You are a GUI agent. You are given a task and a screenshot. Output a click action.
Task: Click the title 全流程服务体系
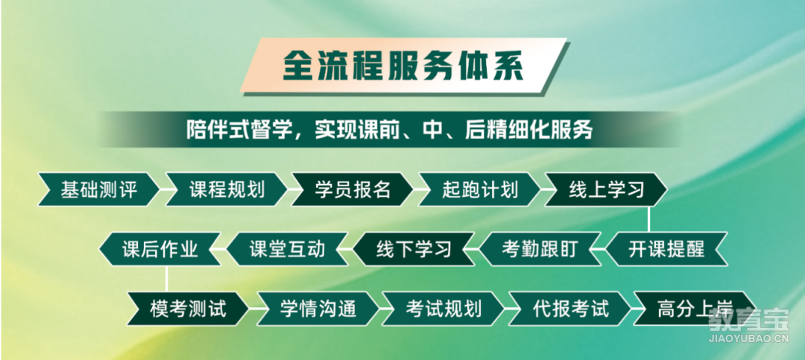(403, 66)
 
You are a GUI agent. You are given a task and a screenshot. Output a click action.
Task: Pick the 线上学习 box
(606, 189)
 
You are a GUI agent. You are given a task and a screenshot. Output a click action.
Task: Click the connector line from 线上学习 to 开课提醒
(648, 219)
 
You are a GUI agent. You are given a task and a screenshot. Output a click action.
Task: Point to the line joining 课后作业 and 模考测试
(166, 278)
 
